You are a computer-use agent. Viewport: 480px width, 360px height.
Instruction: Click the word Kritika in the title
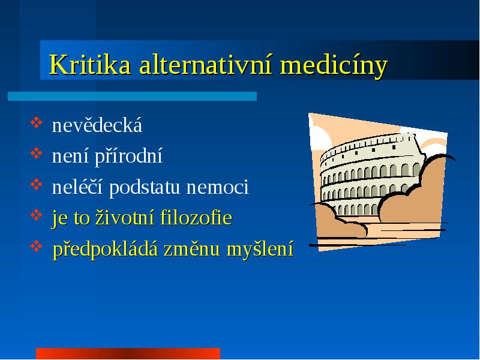89,65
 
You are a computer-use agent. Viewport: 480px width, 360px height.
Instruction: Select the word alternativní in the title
205,65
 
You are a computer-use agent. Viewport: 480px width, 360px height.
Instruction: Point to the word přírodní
128,156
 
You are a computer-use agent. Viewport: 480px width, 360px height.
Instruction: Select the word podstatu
144,187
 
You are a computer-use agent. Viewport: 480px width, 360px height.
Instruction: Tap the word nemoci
217,187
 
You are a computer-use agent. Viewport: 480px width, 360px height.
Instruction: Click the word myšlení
260,249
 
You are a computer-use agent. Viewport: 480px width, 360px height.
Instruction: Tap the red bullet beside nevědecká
37,122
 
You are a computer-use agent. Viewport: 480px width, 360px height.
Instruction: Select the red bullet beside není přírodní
37,154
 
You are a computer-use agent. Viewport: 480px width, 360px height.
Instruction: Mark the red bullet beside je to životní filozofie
37,215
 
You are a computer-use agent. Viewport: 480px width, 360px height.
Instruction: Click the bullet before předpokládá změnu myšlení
37,246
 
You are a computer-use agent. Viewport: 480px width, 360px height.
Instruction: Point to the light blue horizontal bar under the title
132,96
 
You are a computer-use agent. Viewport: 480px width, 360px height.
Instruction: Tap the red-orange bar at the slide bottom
128,353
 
